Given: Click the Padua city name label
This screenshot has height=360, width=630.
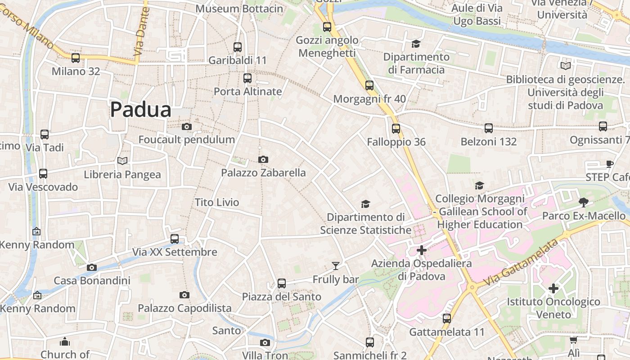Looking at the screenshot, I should pyautogui.click(x=141, y=110).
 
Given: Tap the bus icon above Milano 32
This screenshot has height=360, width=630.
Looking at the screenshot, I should pyautogui.click(x=76, y=58).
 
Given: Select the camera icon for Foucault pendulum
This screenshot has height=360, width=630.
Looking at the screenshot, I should pyautogui.click(x=187, y=127).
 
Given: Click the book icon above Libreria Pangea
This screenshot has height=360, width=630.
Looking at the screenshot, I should pyautogui.click(x=122, y=161).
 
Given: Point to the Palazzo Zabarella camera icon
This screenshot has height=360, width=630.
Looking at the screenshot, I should pyautogui.click(x=263, y=159).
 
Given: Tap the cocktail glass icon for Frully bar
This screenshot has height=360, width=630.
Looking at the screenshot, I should pyautogui.click(x=336, y=266).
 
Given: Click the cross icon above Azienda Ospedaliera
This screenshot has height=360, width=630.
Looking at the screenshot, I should pyautogui.click(x=422, y=250).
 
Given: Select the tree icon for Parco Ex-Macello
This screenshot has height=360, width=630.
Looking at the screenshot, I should pyautogui.click(x=584, y=202).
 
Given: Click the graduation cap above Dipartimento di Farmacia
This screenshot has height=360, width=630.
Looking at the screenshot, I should pyautogui.click(x=416, y=44).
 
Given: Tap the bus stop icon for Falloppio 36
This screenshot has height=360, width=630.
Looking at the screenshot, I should pyautogui.click(x=396, y=129).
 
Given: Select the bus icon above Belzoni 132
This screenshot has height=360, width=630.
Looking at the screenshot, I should pyautogui.click(x=489, y=128).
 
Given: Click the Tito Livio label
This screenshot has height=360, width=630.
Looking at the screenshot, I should pyautogui.click(x=217, y=202).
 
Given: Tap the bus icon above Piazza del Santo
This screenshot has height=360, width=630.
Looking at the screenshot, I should pyautogui.click(x=282, y=283).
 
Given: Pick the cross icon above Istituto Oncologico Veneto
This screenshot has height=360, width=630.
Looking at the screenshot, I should pyautogui.click(x=553, y=288).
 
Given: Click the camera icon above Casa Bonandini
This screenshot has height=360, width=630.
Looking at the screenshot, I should pyautogui.click(x=92, y=267).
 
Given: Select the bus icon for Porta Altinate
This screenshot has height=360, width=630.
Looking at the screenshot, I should pyautogui.click(x=247, y=78).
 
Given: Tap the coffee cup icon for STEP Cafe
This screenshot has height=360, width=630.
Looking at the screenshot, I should pyautogui.click(x=610, y=164).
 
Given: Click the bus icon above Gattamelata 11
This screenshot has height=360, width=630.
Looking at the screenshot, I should pyautogui.click(x=447, y=319).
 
